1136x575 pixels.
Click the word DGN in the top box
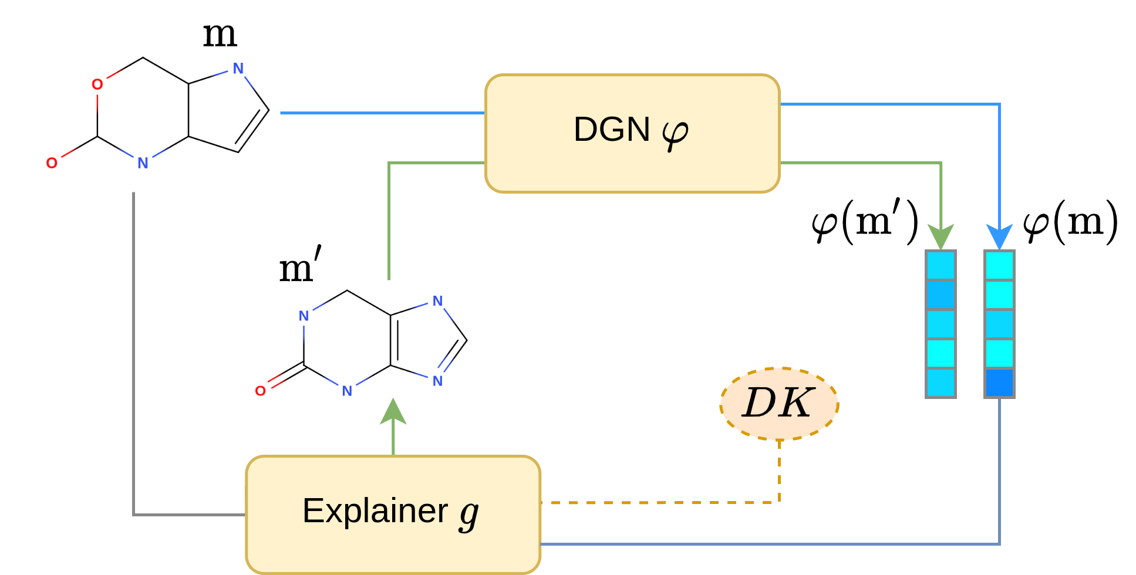[611, 130]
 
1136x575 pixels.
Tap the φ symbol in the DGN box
[675, 134]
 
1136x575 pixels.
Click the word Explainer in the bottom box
[375, 510]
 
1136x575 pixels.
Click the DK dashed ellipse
[779, 404]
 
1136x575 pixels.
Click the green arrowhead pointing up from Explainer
[393, 412]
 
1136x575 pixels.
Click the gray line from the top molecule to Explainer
[134, 352]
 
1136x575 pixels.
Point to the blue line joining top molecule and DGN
[382, 113]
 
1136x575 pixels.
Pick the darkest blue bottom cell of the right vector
[999, 383]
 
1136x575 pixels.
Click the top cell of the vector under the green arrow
[941, 265]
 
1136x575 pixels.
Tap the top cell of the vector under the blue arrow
[999, 265]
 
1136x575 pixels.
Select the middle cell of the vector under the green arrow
[941, 324]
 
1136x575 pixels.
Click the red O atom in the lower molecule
[261, 391]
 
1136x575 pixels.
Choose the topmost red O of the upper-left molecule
[97, 84]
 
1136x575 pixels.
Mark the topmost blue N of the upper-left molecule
[238, 69]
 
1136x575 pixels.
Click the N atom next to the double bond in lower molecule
[437, 381]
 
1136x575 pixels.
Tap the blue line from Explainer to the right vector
[763, 544]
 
